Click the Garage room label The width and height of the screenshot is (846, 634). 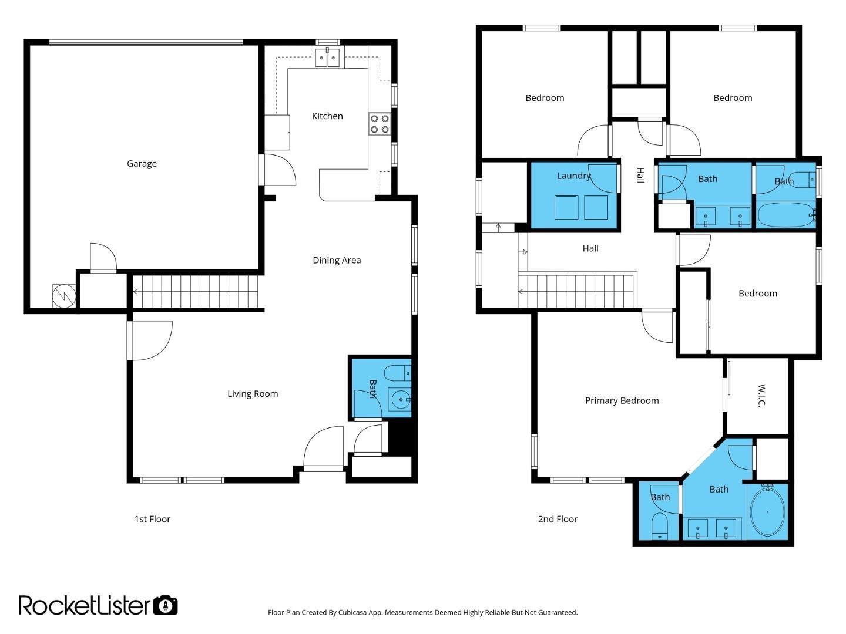[142, 164]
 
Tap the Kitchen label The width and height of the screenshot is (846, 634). [327, 116]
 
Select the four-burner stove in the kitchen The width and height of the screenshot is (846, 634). [380, 124]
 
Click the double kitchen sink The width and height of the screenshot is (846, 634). [328, 58]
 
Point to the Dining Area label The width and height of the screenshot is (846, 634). [337, 260]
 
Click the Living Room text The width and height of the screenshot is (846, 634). [253, 394]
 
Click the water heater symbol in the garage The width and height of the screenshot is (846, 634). [64, 296]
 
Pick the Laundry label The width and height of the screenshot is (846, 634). [573, 176]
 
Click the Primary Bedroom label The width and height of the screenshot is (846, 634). [622, 401]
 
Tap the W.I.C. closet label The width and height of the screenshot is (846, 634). [761, 395]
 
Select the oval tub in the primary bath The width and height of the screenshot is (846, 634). [767, 512]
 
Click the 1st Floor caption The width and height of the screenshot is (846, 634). [152, 519]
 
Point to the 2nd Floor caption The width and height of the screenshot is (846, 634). [558, 519]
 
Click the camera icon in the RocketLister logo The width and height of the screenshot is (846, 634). [165, 605]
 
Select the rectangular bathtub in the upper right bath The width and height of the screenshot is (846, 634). [786, 215]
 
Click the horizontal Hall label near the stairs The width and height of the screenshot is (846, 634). [590, 249]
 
